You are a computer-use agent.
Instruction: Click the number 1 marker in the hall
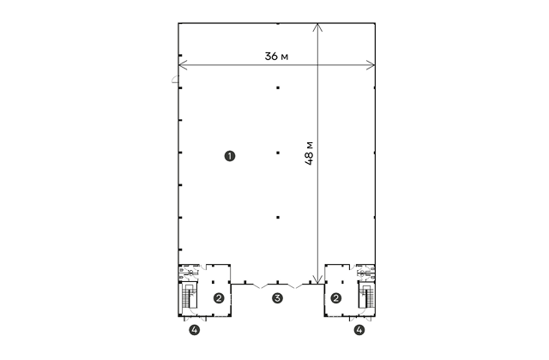(x=230, y=156)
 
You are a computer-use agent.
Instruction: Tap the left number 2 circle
(x=219, y=298)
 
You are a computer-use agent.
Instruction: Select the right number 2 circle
(x=336, y=298)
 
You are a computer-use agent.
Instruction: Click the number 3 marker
(x=277, y=298)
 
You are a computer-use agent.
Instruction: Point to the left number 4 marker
(x=195, y=329)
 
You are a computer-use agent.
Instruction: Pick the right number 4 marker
(x=359, y=329)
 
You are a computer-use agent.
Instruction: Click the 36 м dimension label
(x=276, y=56)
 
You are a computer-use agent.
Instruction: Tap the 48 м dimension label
(x=309, y=153)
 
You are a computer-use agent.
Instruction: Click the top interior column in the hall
(x=278, y=87)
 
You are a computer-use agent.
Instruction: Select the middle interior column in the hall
(x=278, y=153)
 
